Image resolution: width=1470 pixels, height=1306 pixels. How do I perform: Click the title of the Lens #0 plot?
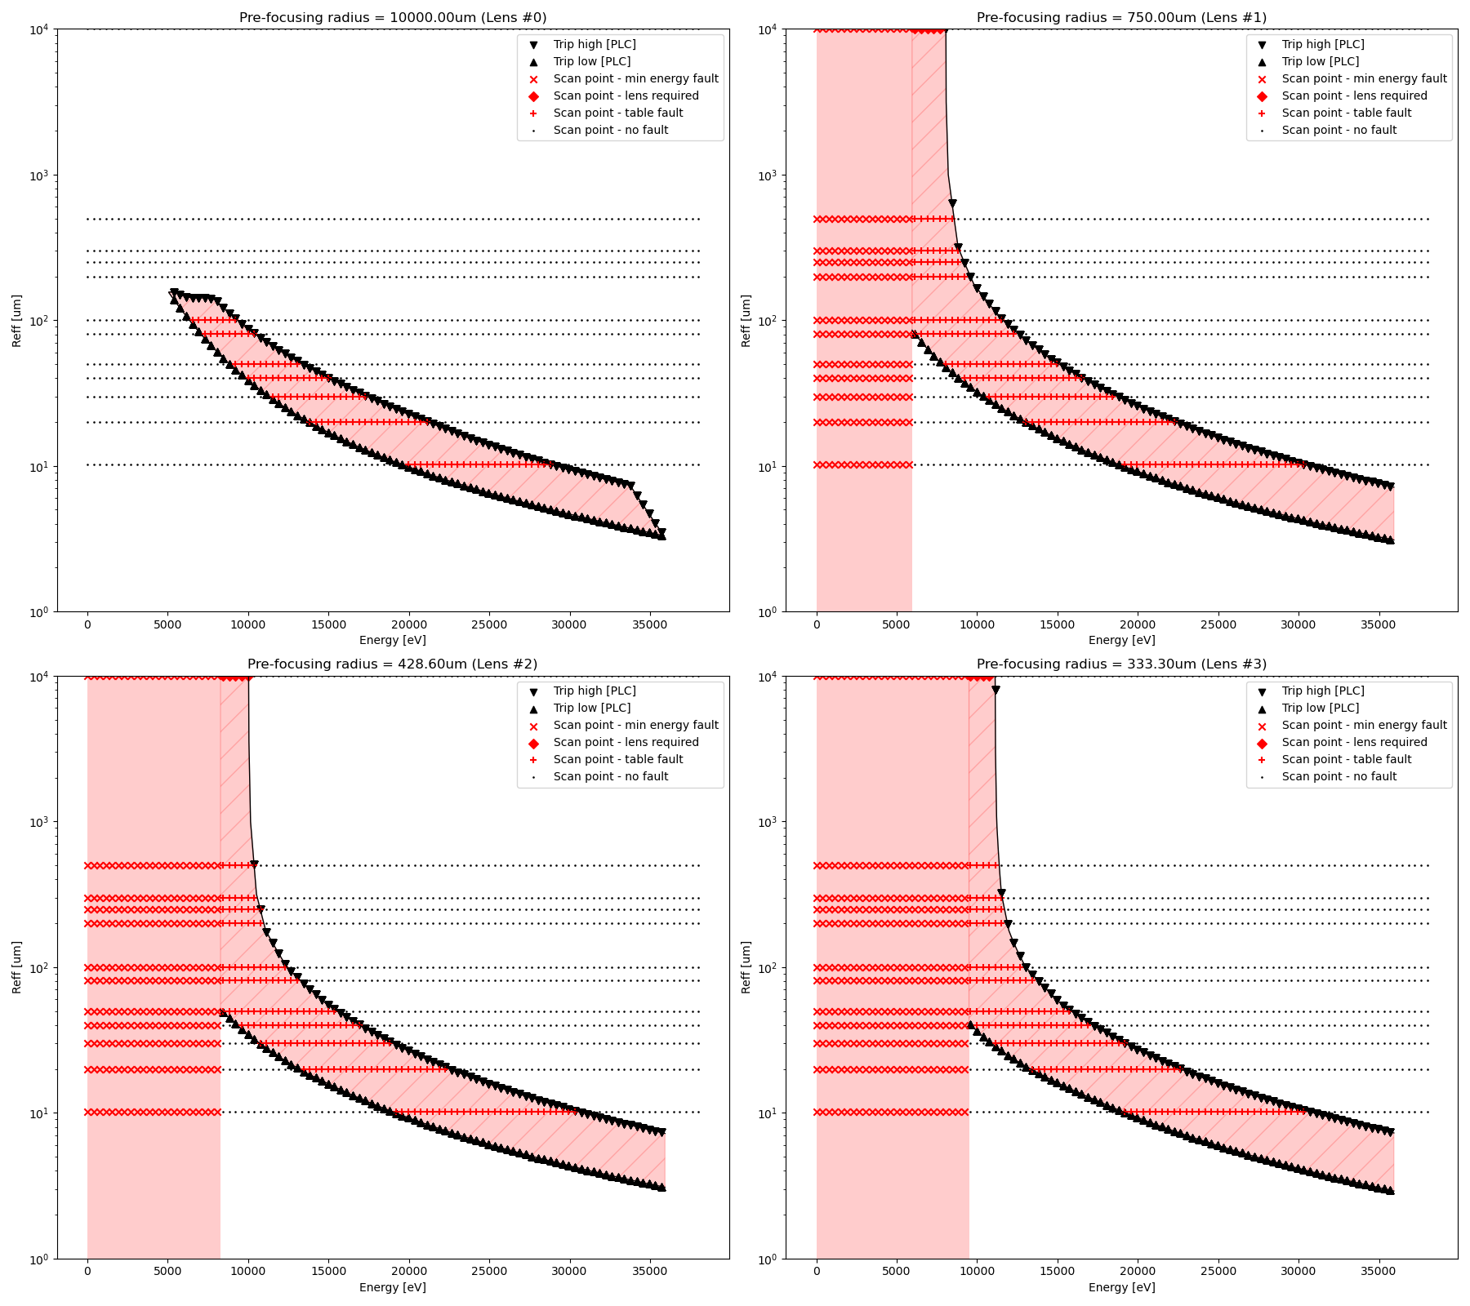(393, 17)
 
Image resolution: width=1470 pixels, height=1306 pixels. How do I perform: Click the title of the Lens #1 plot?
(1121, 17)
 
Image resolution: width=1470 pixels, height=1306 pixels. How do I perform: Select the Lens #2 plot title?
(393, 664)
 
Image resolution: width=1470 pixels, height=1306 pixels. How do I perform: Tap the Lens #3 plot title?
(1121, 664)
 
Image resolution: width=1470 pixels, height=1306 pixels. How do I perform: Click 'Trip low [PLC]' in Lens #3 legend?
(1321, 708)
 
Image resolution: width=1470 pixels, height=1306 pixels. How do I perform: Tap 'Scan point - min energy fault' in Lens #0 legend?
(635, 78)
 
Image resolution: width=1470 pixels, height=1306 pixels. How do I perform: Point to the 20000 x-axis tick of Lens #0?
(408, 624)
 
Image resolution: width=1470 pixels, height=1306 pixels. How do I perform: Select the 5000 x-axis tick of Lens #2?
(167, 1271)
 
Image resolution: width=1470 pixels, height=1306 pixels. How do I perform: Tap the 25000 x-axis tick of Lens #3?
(1218, 1271)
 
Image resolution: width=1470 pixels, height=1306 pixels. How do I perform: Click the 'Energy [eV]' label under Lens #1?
(1121, 640)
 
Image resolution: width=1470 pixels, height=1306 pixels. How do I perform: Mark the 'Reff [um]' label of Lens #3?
(746, 967)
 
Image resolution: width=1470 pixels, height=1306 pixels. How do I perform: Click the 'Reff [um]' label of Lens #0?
(17, 321)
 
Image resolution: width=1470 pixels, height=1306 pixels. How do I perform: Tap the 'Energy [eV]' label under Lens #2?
(393, 1287)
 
